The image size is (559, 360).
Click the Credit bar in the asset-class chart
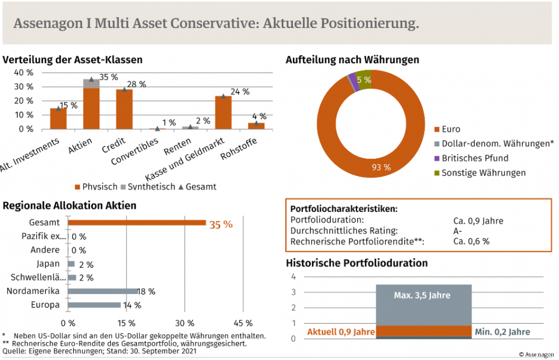point(124,109)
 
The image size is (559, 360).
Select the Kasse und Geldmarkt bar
point(223,113)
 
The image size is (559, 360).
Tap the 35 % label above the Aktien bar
point(108,77)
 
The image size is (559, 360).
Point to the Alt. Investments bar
point(58,118)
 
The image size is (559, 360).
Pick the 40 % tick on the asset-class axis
point(23,73)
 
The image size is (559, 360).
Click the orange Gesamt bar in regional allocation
point(137,223)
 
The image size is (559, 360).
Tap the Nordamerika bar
point(103,291)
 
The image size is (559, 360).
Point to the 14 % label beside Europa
point(132,305)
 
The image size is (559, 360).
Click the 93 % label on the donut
point(381,167)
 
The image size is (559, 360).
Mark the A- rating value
point(457,231)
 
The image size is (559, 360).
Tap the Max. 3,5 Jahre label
point(422,295)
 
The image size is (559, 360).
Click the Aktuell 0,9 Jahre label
point(341,331)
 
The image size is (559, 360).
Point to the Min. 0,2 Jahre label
point(502,331)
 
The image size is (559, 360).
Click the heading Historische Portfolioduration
point(357,262)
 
